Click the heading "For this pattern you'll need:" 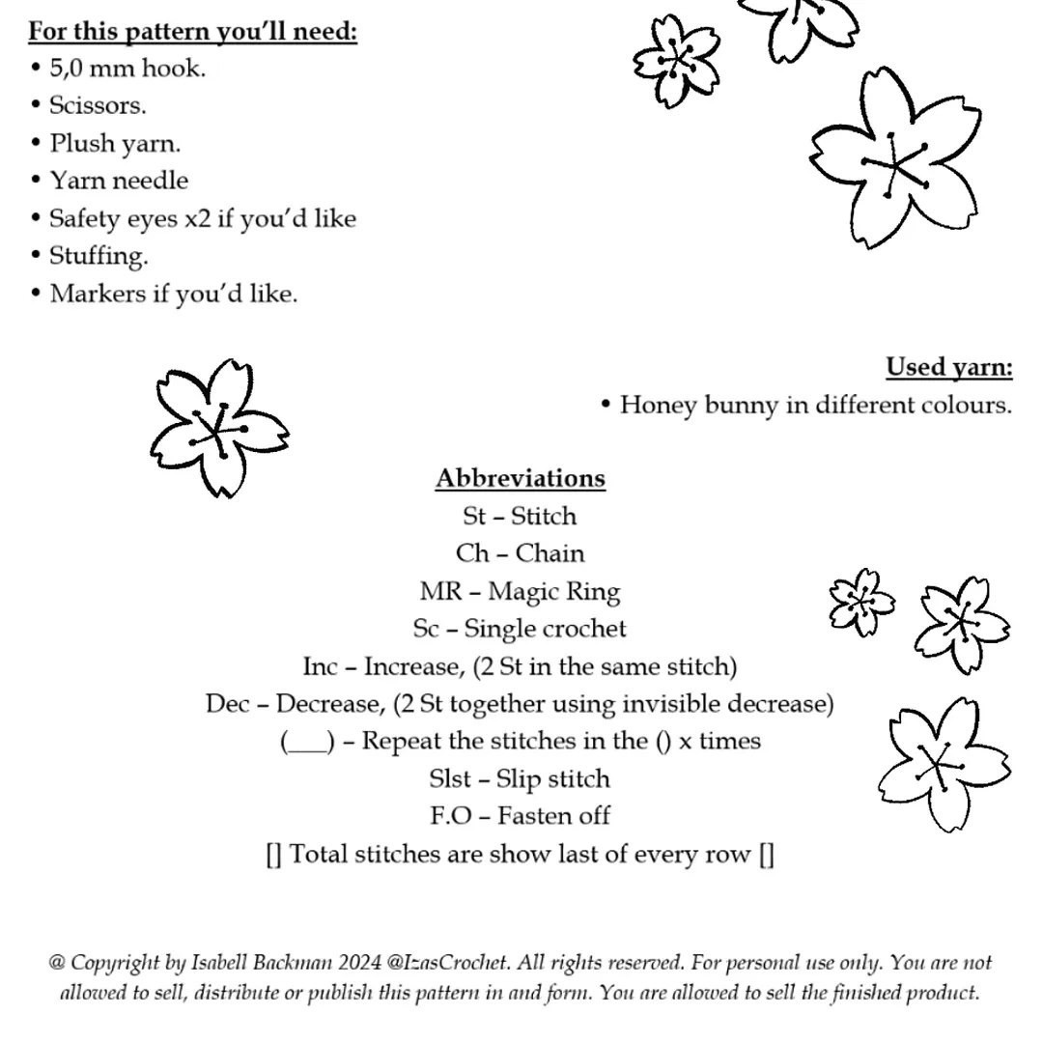[x=192, y=31]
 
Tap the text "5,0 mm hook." [x=127, y=69]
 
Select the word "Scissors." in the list [x=98, y=105]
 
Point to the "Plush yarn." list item [x=115, y=144]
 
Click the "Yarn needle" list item [x=119, y=181]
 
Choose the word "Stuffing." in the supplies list [x=99, y=256]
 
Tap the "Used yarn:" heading [x=949, y=368]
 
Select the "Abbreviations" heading [x=520, y=478]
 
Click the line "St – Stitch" [x=520, y=516]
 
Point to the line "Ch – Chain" [x=520, y=553]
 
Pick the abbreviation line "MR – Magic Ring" [x=520, y=591]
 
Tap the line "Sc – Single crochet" [x=520, y=629]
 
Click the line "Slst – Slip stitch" [x=520, y=778]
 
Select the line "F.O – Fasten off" [x=520, y=816]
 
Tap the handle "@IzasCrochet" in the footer [x=447, y=963]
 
